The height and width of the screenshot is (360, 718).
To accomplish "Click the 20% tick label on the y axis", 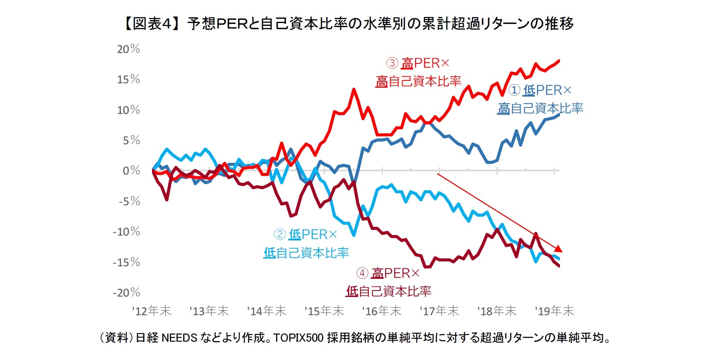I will pyautogui.click(x=128, y=49).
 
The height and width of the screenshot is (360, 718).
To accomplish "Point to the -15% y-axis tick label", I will pyautogui.click(x=126, y=262).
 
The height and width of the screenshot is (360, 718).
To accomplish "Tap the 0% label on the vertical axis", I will pyautogui.click(x=131, y=171).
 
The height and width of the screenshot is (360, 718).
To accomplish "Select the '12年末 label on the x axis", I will pyautogui.click(x=152, y=311).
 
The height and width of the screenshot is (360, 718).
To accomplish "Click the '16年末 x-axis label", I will pyautogui.click(x=382, y=311).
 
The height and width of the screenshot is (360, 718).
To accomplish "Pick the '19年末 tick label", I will pyautogui.click(x=554, y=311).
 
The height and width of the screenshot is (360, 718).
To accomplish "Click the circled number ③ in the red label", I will pyautogui.click(x=392, y=63).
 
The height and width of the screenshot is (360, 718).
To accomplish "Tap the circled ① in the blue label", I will pyautogui.click(x=513, y=90).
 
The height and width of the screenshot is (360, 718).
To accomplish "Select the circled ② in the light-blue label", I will pyautogui.click(x=280, y=234).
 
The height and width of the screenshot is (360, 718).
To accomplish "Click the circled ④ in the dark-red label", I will pyautogui.click(x=362, y=274).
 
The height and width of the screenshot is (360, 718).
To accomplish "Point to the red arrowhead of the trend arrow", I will pyautogui.click(x=558, y=249).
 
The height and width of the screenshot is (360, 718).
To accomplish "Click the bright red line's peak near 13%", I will pyautogui.click(x=354, y=89).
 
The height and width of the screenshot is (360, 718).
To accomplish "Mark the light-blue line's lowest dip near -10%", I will pyautogui.click(x=354, y=235).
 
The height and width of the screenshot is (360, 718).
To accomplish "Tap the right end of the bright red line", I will pyautogui.click(x=559, y=61).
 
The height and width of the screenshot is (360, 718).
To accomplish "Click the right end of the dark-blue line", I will pyautogui.click(x=559, y=114).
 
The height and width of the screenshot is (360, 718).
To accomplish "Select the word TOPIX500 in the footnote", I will pyautogui.click(x=298, y=338).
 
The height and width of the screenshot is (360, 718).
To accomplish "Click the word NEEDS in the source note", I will pyautogui.click(x=179, y=338).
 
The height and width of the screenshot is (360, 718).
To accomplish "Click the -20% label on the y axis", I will pyautogui.click(x=126, y=293).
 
